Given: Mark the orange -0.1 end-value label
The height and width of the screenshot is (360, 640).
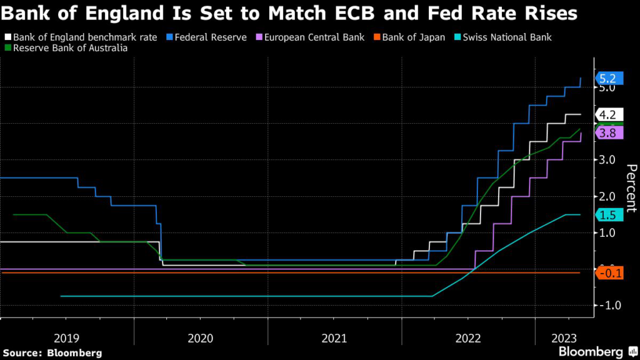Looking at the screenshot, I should (x=609, y=273).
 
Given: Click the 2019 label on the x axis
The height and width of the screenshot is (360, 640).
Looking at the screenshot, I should (x=67, y=338).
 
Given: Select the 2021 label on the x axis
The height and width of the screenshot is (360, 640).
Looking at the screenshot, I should (x=334, y=338).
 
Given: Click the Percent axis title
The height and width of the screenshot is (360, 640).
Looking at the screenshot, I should (x=631, y=187).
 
